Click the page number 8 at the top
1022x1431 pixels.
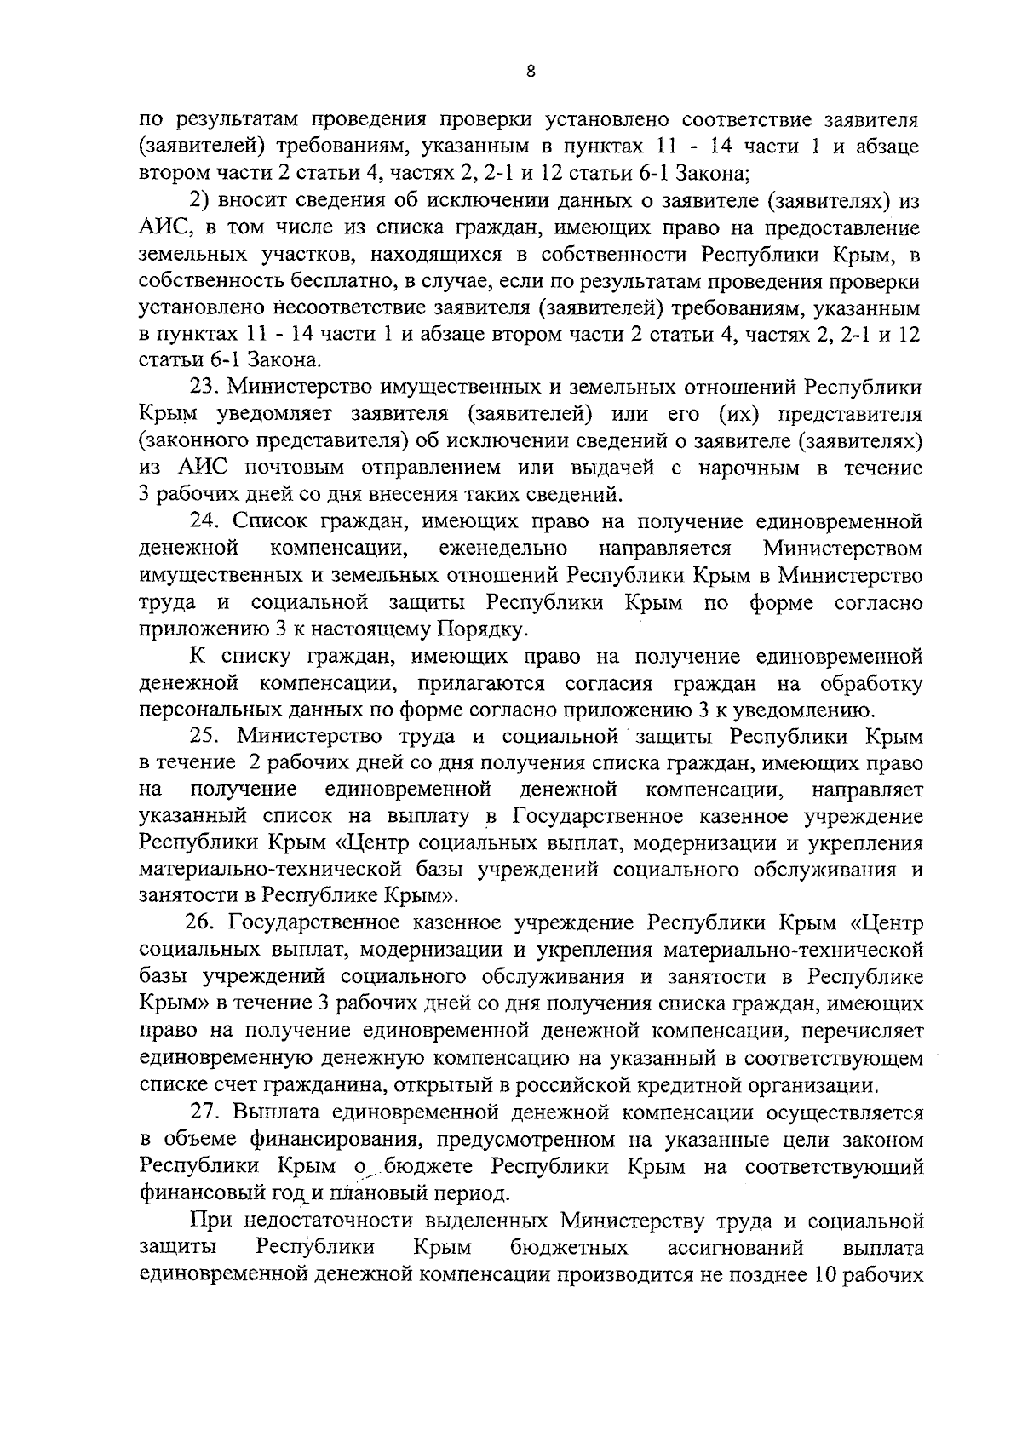point(531,72)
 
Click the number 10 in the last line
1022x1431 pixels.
point(827,1275)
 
